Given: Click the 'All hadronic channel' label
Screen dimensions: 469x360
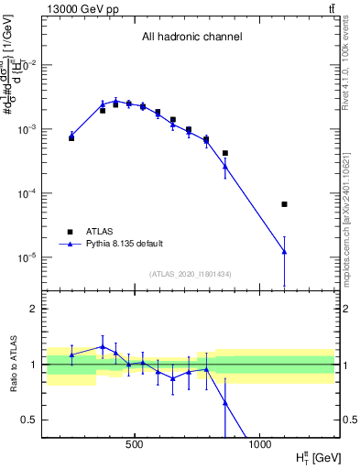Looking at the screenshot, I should [x=191, y=38].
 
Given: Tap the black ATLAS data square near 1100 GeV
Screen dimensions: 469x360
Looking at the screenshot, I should [x=284, y=204].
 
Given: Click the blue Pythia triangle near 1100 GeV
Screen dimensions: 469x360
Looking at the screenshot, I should [x=284, y=251].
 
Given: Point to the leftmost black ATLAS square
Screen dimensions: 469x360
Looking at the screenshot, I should [x=71, y=137].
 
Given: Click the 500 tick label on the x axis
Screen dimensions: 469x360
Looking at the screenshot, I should [x=135, y=444].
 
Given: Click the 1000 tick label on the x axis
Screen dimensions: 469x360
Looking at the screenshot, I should [x=259, y=444].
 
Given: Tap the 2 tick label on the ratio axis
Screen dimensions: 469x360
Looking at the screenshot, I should [x=34, y=309].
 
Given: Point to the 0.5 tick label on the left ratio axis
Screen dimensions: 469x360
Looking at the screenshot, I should [x=30, y=420].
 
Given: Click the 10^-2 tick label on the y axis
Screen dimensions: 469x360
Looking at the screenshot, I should [x=27, y=65].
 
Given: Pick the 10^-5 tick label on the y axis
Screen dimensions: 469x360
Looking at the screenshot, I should [x=27, y=257].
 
